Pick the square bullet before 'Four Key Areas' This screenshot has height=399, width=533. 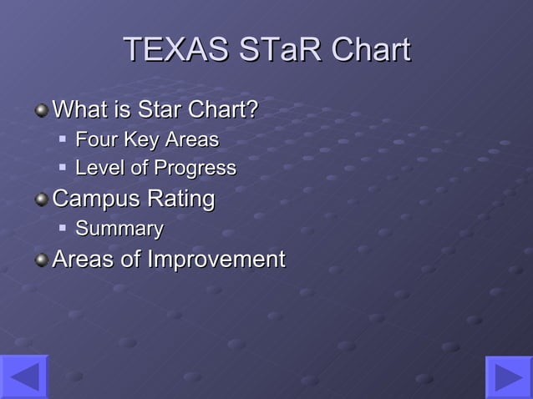click(x=63, y=139)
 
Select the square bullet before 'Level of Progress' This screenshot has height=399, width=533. click(x=63, y=167)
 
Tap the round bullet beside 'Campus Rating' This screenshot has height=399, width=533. click(x=41, y=200)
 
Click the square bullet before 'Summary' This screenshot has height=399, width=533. click(x=63, y=227)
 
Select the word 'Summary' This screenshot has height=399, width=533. click(x=119, y=229)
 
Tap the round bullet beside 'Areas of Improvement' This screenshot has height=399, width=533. click(x=41, y=260)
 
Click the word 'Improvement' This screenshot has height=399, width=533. click(x=216, y=260)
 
